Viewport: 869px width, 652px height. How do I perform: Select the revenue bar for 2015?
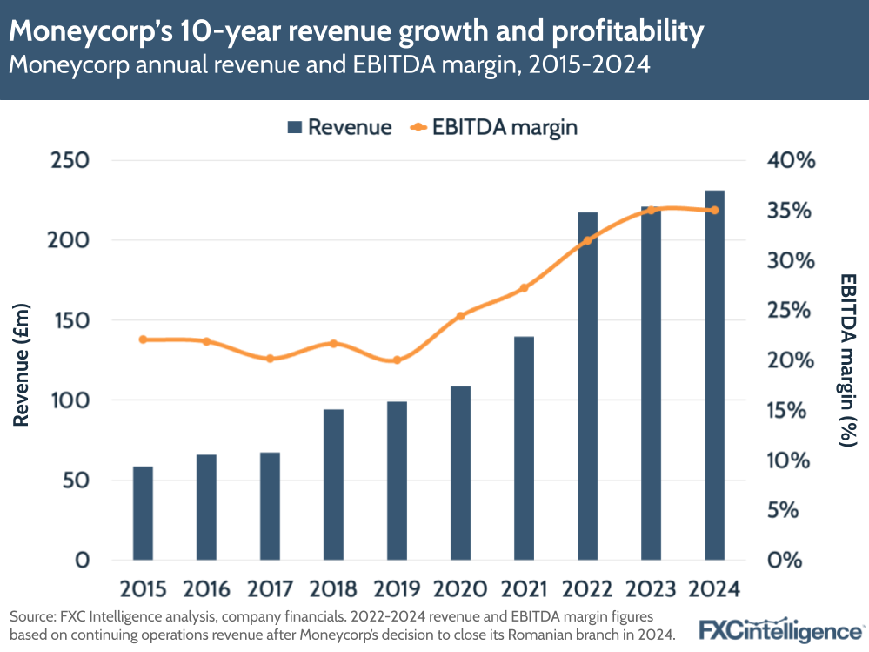tap(143, 513)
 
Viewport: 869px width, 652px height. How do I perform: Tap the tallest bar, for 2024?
tap(714, 374)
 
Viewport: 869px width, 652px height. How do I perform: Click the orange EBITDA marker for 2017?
tap(270, 359)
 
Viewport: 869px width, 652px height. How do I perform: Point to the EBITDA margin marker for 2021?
tap(525, 288)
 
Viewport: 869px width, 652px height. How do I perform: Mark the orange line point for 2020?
tap(461, 316)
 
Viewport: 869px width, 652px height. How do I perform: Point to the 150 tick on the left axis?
tap(70, 320)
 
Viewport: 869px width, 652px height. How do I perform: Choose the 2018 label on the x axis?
tap(333, 589)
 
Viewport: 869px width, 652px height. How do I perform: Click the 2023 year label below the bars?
tap(651, 589)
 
